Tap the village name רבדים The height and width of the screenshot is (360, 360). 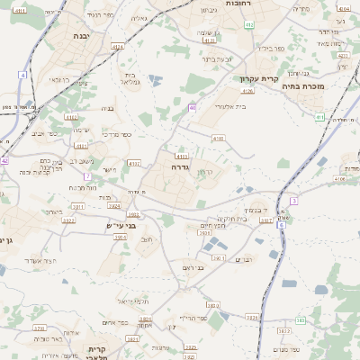[244, 259]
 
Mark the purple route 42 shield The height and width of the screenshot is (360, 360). [4, 161]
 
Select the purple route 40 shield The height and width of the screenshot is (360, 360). [193, 107]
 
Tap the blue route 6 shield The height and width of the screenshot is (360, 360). [281, 224]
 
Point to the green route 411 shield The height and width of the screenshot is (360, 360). [319, 117]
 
